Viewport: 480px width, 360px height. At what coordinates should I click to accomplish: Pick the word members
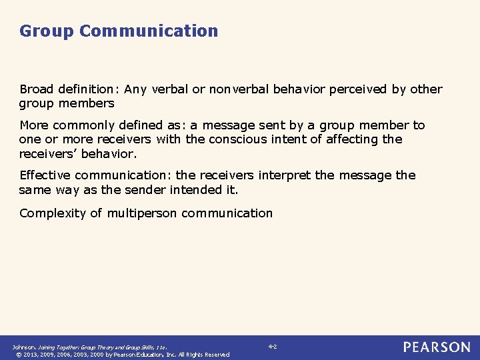click(x=86, y=103)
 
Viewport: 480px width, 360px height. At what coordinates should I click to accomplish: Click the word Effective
click(x=45, y=175)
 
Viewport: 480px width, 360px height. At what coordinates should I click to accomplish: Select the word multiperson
click(x=143, y=213)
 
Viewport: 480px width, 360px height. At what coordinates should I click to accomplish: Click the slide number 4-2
click(x=272, y=347)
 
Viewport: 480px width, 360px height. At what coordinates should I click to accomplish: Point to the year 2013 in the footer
click(x=31, y=355)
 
